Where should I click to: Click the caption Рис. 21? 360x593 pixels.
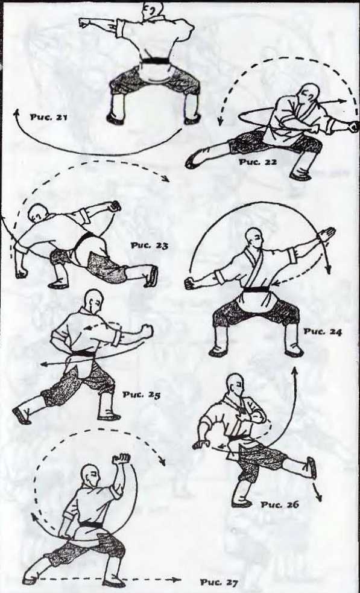point(48,117)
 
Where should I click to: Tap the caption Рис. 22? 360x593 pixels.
point(257,162)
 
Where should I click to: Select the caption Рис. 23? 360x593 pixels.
point(150,246)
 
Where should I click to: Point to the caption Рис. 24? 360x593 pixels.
point(323,332)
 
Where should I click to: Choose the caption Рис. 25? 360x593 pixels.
point(142,395)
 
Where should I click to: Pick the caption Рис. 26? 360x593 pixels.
point(279,504)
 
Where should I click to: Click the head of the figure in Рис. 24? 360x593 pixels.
point(254,238)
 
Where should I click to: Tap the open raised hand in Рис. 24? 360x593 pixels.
point(326,235)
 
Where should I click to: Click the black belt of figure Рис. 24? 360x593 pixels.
point(256,290)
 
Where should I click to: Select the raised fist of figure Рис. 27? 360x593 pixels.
point(121,458)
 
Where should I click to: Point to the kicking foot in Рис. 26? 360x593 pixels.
point(311,468)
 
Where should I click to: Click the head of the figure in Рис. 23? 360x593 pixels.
point(38,214)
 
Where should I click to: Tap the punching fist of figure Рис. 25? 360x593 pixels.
point(147,332)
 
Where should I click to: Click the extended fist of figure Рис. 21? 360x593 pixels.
point(84,23)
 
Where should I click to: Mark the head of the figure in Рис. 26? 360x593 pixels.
point(235,385)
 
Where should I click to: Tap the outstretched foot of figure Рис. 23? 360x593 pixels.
point(151,276)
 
